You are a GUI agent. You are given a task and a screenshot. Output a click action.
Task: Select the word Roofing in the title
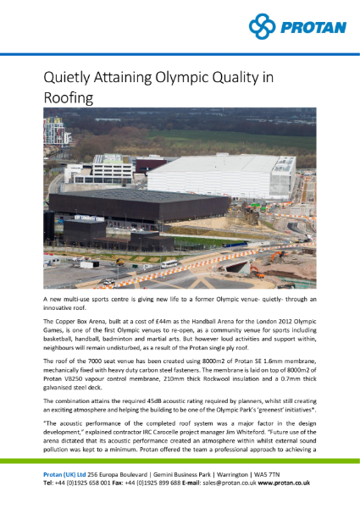70,99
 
